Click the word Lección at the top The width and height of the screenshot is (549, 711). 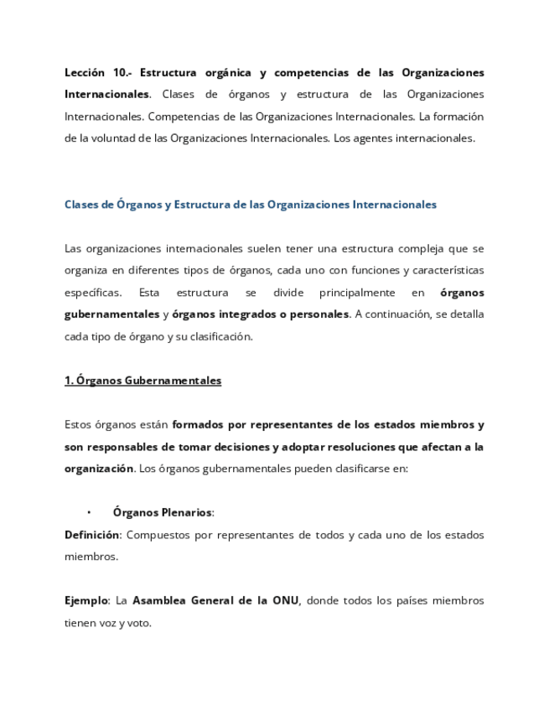85,73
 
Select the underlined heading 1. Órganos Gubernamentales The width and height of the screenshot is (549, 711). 142,381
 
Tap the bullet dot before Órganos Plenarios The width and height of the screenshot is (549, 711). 89,513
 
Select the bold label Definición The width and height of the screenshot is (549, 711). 92,535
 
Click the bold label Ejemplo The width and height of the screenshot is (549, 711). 86,600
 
